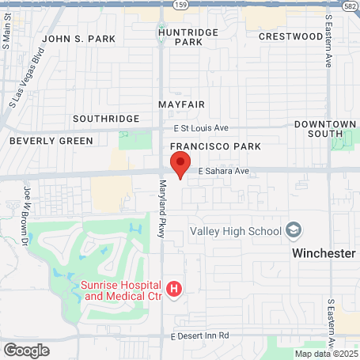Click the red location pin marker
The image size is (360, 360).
[180, 165]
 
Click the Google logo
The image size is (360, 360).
[26, 350]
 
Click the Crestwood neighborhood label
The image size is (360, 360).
[290, 36]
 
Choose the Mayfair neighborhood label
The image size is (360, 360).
[181, 104]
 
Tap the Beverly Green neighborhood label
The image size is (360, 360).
[51, 141]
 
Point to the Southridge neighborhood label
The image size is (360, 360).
[105, 118]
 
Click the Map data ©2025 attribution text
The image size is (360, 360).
[326, 354]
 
